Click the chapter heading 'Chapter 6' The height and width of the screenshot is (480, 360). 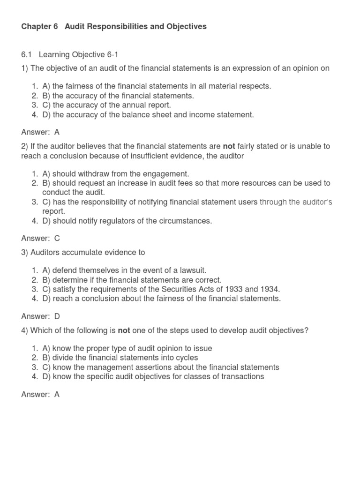(39, 27)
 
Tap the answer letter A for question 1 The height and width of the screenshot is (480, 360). (57, 132)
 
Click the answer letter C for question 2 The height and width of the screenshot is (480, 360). (57, 238)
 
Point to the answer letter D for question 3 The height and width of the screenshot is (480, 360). (57, 316)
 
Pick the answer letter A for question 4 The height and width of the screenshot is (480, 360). (57, 394)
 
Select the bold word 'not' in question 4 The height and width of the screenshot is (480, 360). (124, 330)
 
